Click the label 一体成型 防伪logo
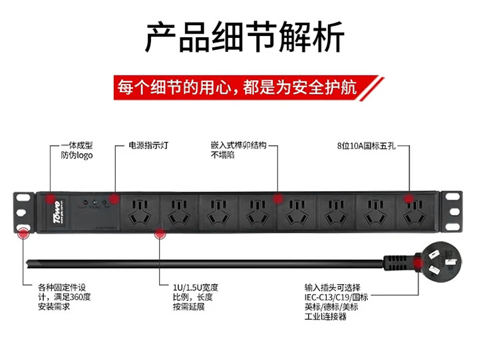(77, 150)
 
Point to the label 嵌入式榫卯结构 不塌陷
(238, 150)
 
